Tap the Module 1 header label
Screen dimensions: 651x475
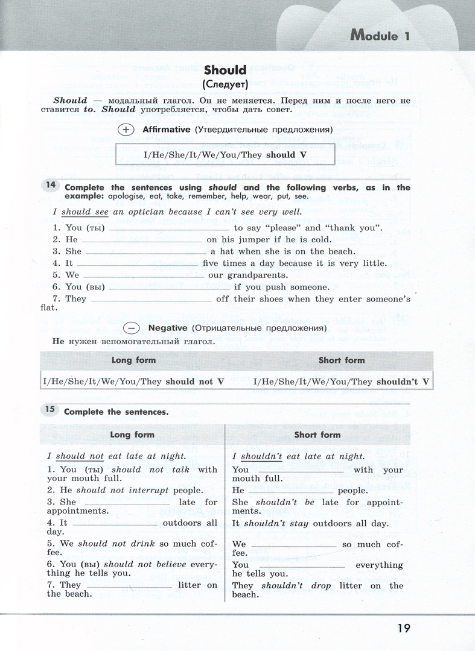(380, 36)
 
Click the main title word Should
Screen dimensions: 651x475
(225, 71)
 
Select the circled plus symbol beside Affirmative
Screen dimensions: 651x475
(126, 130)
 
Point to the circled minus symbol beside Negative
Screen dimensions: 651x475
(131, 329)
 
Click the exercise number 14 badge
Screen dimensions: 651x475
(50, 185)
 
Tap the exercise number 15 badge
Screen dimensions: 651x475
(49, 410)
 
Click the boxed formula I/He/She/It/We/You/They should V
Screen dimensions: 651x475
(226, 155)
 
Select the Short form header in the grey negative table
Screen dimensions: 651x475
(342, 360)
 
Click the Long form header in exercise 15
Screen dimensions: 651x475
(132, 435)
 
